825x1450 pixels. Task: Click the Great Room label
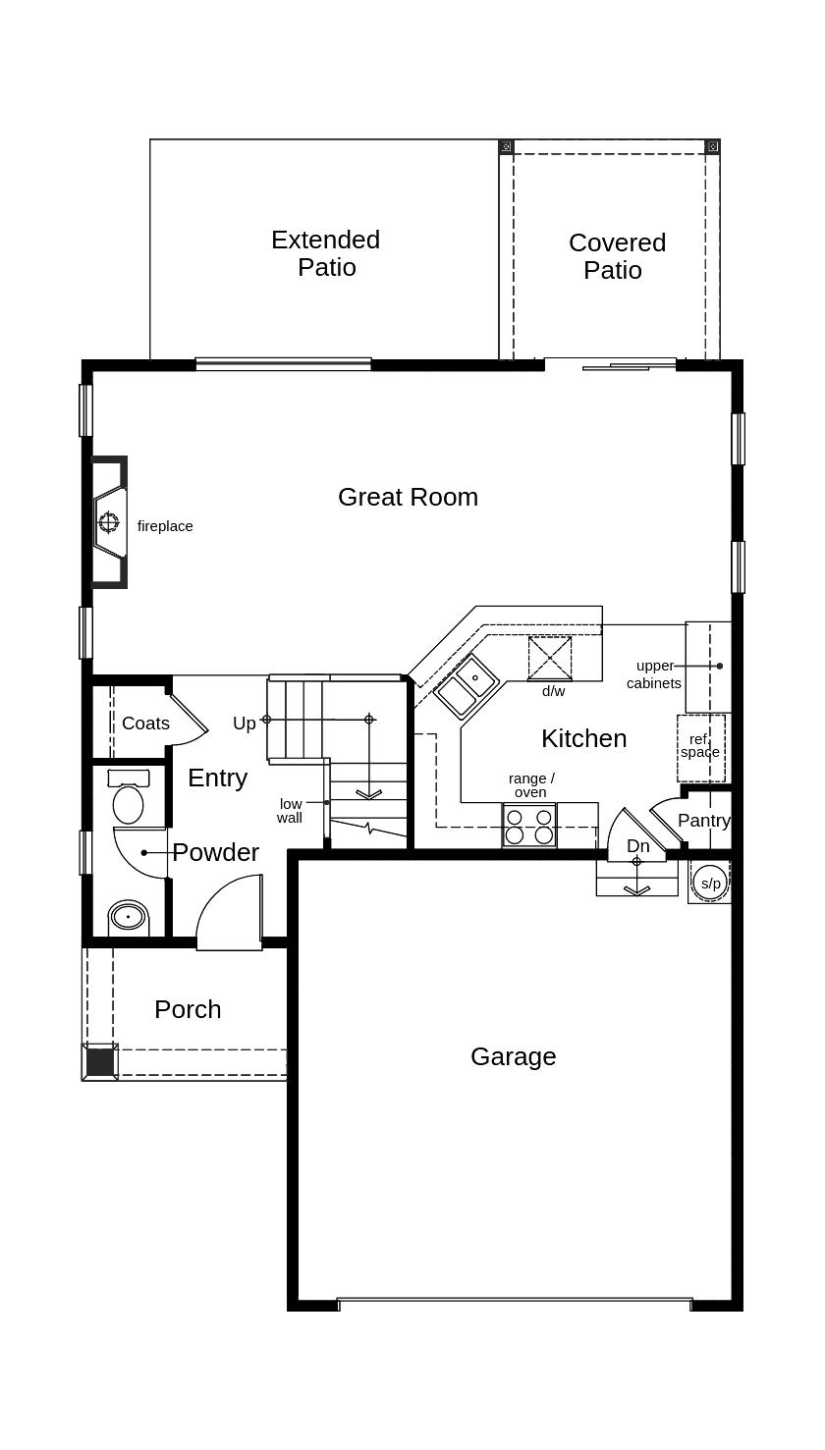[x=408, y=497]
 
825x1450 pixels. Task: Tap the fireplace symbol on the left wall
[x=109, y=521]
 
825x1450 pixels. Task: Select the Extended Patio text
[x=326, y=253]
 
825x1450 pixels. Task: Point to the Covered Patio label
[x=617, y=256]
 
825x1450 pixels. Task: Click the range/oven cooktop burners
[x=529, y=826]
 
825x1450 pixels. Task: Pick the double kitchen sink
[x=467, y=686]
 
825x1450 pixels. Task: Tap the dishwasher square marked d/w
[x=550, y=659]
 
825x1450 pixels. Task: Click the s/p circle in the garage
[x=710, y=883]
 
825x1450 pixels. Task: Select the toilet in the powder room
[x=129, y=796]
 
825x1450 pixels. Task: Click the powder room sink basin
[x=129, y=917]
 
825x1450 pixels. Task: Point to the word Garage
[x=513, y=1057]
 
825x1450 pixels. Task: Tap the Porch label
[x=188, y=1010]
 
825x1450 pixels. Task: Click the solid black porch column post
[x=100, y=1062]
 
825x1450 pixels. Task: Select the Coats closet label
[x=145, y=724]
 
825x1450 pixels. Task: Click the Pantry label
[x=704, y=821]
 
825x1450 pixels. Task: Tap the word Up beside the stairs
[x=245, y=724]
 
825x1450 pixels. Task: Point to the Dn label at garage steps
[x=637, y=846]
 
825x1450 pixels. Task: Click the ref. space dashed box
[x=701, y=748]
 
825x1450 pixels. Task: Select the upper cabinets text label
[x=654, y=674]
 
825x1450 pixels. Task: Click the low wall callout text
[x=290, y=811]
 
